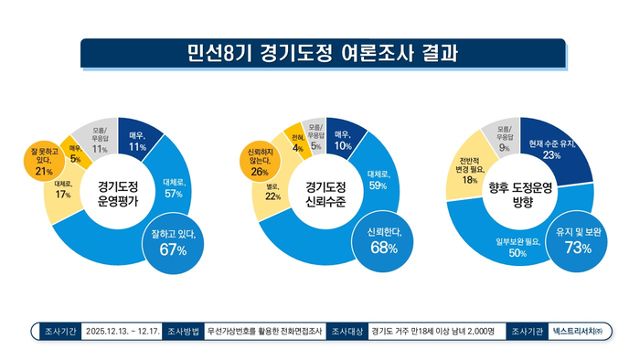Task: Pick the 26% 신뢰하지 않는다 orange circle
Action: pyautogui.click(x=259, y=158)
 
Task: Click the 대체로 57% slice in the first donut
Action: pyautogui.click(x=174, y=186)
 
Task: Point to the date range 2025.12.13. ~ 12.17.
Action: pyautogui.click(x=124, y=330)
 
